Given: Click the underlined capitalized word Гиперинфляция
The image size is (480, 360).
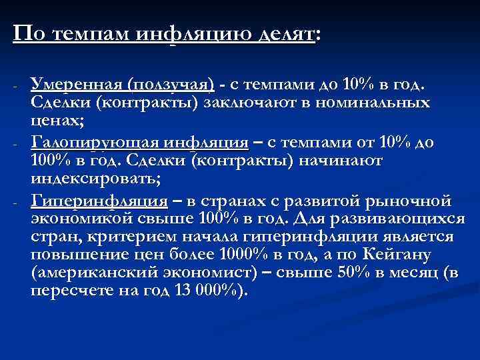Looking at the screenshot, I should pyautogui.click(x=99, y=200).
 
